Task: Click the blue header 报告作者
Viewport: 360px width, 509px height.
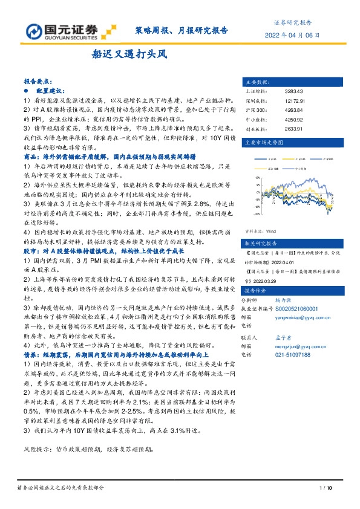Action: click(255, 290)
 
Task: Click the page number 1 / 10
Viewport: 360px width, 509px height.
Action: click(326, 487)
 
